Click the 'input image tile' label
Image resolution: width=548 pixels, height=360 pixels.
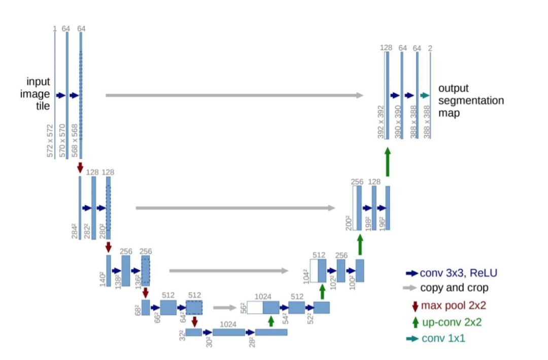point(39,94)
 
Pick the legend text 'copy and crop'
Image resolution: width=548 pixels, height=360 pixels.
point(454,288)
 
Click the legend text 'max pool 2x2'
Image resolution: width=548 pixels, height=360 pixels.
point(452,306)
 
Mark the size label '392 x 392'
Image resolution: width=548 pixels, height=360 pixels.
point(381,122)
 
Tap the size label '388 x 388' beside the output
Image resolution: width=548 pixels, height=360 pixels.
point(426,122)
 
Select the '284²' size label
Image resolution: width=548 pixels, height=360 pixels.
point(75,231)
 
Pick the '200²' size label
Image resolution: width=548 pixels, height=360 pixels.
point(349,222)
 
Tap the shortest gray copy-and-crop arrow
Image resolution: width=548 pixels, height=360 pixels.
point(225,307)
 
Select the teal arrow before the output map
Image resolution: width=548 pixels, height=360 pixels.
point(425,95)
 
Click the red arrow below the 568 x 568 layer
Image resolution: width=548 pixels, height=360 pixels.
point(80,167)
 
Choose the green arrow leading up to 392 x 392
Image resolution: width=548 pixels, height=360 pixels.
point(388,162)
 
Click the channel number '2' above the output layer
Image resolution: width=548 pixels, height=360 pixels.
point(430,48)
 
